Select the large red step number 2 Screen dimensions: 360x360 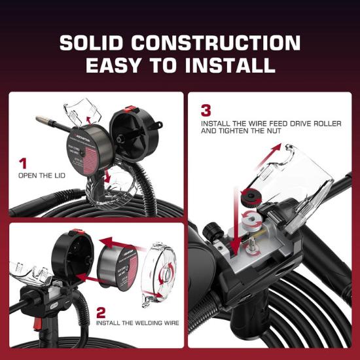(x=101, y=312)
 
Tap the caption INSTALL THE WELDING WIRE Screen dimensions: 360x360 (x=135, y=323)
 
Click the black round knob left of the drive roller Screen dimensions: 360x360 (x=211, y=232)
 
